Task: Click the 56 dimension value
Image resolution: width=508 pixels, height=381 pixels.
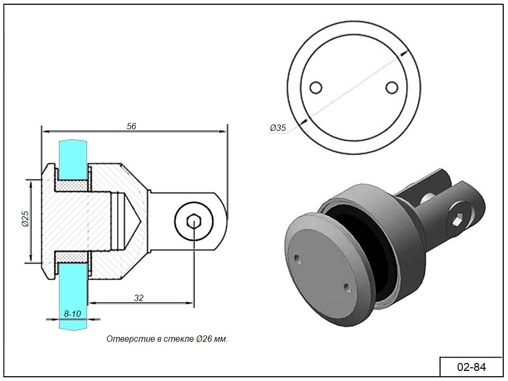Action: (131, 126)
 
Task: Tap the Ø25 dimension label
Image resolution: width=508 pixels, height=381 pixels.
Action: (25, 219)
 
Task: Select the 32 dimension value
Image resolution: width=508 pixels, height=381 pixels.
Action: (139, 298)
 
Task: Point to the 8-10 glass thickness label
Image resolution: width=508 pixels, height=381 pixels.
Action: (72, 314)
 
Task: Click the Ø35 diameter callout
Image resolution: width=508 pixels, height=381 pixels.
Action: (278, 128)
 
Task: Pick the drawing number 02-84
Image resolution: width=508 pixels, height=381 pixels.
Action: (471, 367)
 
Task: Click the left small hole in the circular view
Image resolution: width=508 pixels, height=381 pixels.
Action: (315, 87)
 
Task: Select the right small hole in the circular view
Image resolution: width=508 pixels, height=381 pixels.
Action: (392, 87)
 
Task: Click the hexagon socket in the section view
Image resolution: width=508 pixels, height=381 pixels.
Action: (194, 221)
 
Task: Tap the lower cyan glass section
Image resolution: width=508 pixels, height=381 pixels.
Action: (73, 296)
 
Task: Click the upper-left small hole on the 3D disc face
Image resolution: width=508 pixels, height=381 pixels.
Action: (297, 259)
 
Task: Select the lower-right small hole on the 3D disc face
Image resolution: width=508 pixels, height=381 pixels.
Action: (346, 287)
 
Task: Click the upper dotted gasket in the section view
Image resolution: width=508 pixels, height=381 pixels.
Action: (72, 185)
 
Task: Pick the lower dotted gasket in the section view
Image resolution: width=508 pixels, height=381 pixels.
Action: (72, 257)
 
